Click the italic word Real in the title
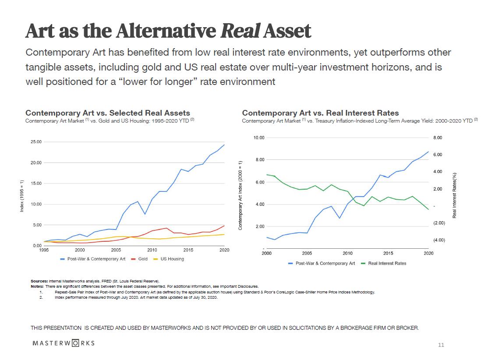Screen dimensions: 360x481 point(240,31)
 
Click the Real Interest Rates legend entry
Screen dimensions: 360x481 point(387,263)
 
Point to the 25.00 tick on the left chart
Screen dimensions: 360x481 point(35,142)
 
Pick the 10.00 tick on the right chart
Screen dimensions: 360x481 point(259,138)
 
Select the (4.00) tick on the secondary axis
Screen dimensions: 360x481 point(439,240)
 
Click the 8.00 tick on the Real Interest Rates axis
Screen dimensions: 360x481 point(438,138)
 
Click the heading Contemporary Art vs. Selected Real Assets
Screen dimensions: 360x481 point(108,113)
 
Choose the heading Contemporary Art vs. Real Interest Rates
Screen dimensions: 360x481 point(320,113)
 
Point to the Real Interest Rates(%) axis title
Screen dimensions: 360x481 point(455,195)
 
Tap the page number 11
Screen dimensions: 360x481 point(441,345)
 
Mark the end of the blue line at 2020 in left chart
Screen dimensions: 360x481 point(224,145)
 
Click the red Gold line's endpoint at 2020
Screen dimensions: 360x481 point(224,226)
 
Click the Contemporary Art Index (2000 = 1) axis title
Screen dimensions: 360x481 point(240,195)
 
